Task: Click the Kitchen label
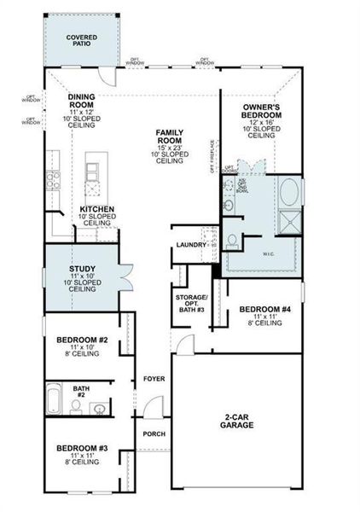(x=98, y=209)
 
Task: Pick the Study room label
(x=82, y=270)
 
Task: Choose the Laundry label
(x=190, y=245)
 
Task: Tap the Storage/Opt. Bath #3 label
(x=188, y=301)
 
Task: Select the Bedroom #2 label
(x=82, y=340)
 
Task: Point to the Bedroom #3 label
(x=82, y=448)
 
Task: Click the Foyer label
(x=154, y=377)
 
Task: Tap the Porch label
(x=154, y=433)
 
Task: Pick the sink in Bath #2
(x=99, y=410)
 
